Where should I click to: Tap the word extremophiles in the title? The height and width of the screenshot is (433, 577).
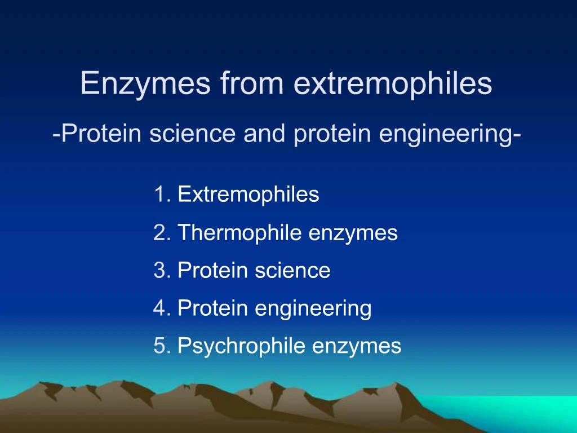point(393,83)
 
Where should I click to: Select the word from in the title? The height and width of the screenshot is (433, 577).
point(252,83)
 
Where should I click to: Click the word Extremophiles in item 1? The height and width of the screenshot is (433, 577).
point(248,195)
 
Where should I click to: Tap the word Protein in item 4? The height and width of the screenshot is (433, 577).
point(212,308)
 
